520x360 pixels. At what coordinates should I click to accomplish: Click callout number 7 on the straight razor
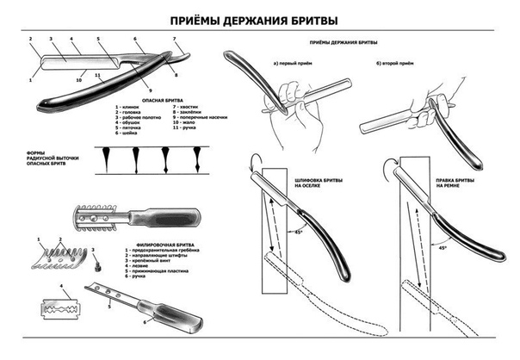175,39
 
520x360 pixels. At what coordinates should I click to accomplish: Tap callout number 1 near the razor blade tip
29,79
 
